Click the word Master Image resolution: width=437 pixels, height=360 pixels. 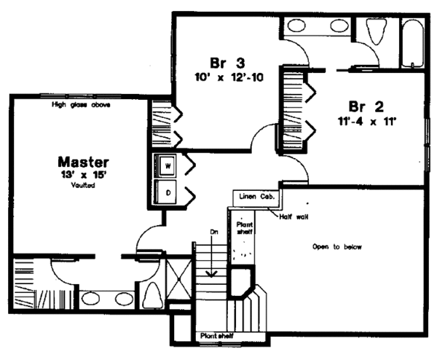(84, 161)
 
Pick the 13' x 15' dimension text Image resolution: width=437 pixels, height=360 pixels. (84, 175)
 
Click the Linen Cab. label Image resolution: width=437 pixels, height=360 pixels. (255, 198)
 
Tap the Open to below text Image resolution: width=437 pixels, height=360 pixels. (336, 246)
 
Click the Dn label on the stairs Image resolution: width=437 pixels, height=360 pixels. (214, 232)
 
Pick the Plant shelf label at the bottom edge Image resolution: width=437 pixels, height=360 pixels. (218, 336)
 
